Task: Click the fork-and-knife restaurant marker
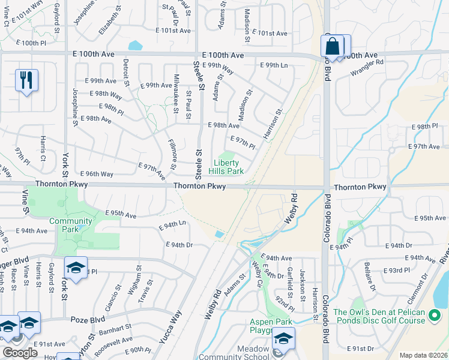26,80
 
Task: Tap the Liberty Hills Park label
226,167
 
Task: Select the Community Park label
71,225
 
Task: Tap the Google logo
20,353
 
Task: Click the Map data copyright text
423,355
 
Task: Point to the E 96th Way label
96,174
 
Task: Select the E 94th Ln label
172,225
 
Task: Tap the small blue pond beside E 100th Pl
135,45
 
